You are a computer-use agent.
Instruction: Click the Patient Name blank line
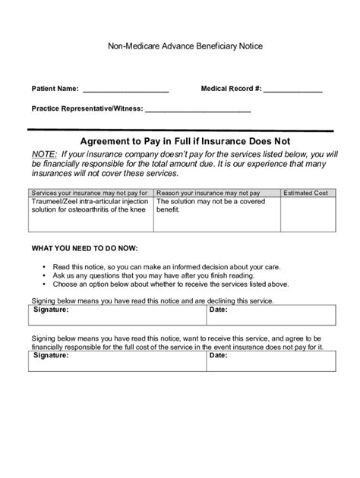tap(125, 90)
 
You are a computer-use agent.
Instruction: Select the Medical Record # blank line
tap(293, 90)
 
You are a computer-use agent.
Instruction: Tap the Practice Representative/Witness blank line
tap(197, 110)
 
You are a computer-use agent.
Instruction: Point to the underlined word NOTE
tap(44, 154)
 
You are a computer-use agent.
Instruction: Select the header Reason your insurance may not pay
tap(208, 193)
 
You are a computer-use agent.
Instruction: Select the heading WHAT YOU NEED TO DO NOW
tap(85, 249)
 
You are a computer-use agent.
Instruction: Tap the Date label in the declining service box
tap(219, 310)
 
